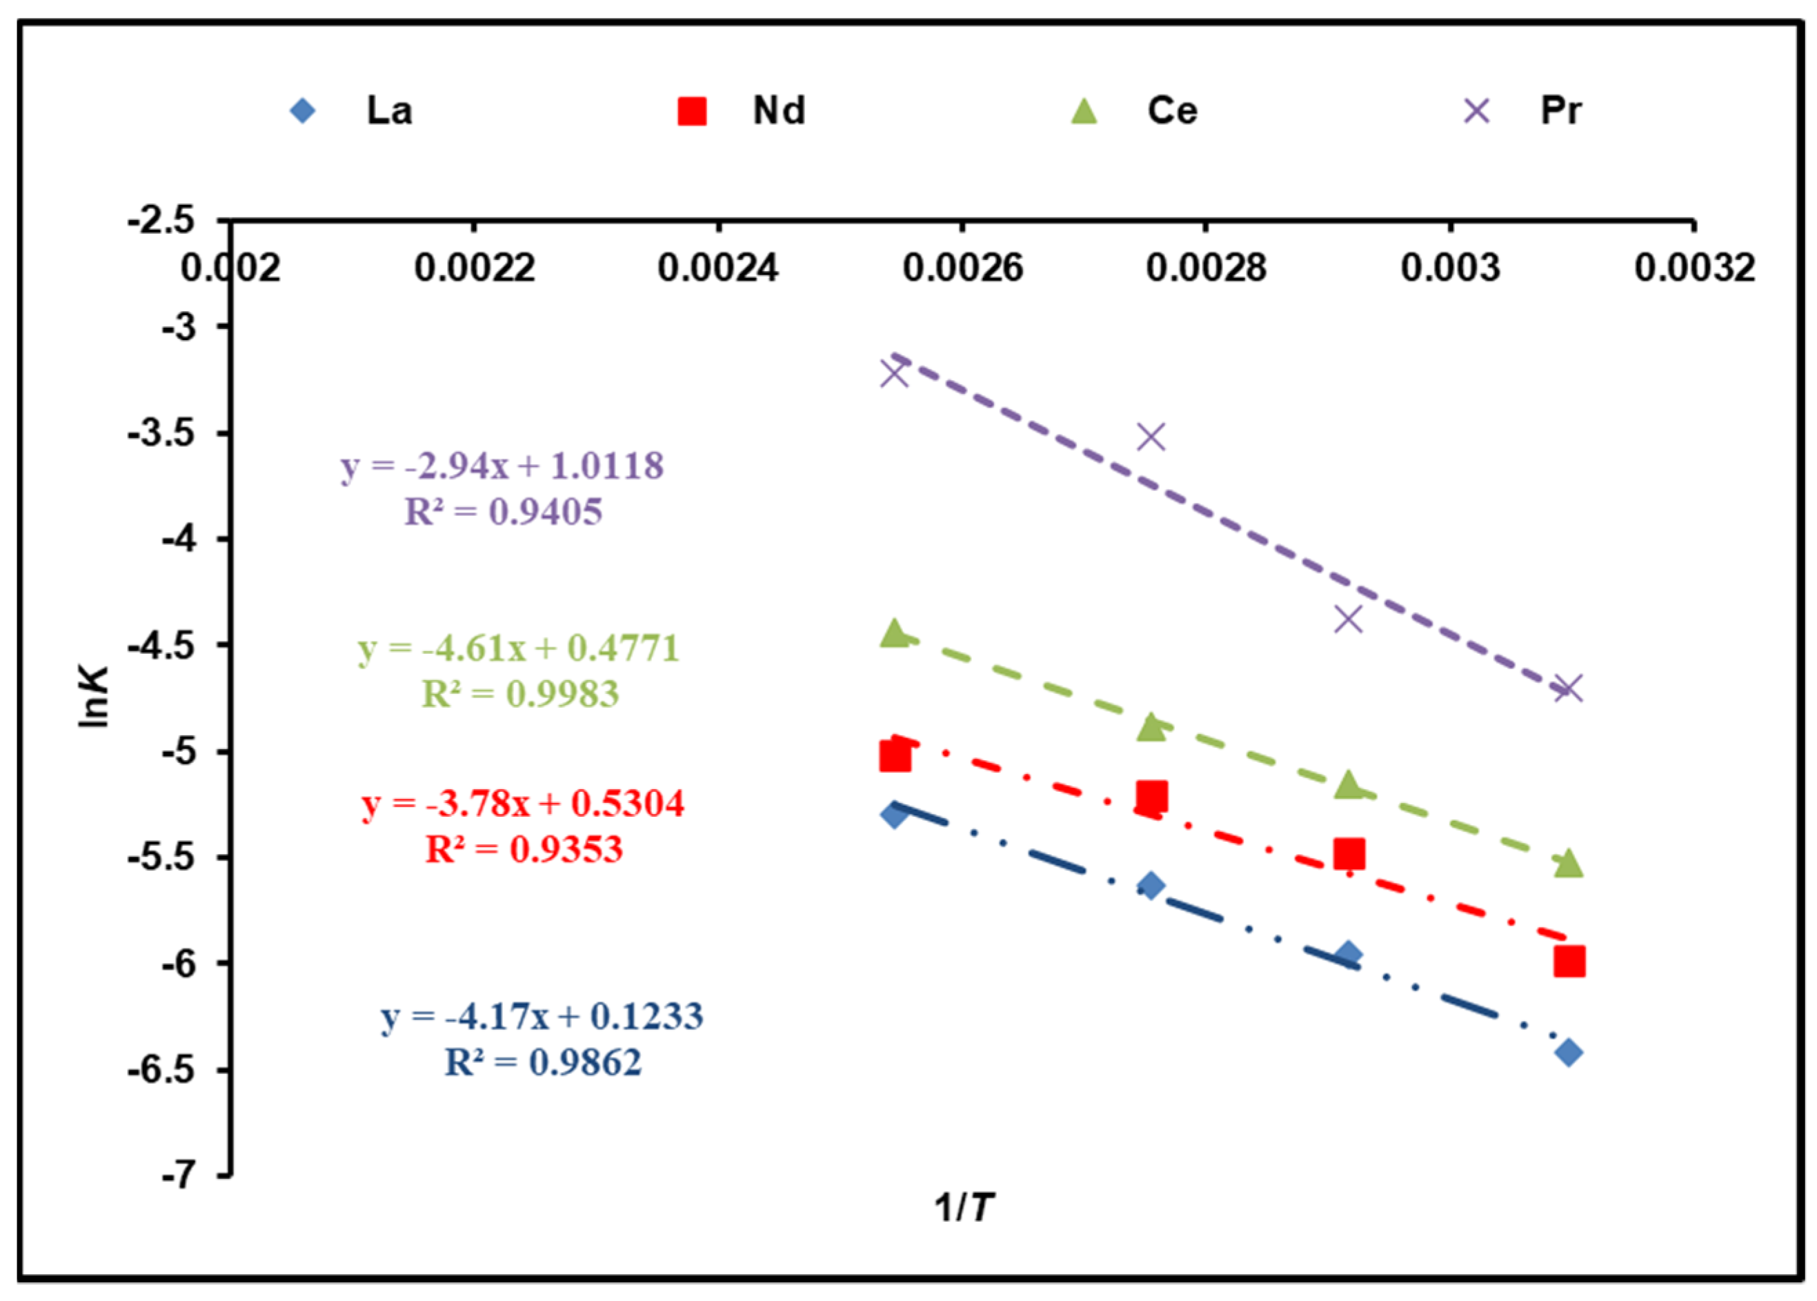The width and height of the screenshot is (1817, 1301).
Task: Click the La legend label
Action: (x=389, y=110)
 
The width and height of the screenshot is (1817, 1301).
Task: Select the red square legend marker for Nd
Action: (x=692, y=111)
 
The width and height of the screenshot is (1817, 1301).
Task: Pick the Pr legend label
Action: (x=1560, y=110)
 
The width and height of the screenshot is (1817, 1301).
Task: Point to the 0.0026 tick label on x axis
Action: (x=962, y=268)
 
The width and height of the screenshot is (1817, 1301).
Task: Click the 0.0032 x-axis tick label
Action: (x=1694, y=268)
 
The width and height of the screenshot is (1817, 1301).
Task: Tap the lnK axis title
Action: (x=94, y=697)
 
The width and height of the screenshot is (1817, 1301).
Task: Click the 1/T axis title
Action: (x=964, y=1206)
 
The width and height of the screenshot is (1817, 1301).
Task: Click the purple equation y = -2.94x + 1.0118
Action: (x=502, y=466)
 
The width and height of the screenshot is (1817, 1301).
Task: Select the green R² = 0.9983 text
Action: (x=521, y=694)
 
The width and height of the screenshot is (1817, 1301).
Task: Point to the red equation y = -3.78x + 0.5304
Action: (x=523, y=804)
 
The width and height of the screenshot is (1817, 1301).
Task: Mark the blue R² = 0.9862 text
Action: (x=543, y=1063)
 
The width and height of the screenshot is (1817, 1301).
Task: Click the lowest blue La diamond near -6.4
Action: (x=1569, y=1053)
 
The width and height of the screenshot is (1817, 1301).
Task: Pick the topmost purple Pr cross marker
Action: (x=894, y=373)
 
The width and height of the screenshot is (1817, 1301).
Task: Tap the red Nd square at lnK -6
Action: (x=1569, y=962)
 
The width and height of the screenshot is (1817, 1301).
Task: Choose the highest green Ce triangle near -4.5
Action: (x=894, y=634)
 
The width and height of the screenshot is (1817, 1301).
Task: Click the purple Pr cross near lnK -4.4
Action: (x=1349, y=619)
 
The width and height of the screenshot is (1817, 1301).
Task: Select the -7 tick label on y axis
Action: (x=178, y=1176)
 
